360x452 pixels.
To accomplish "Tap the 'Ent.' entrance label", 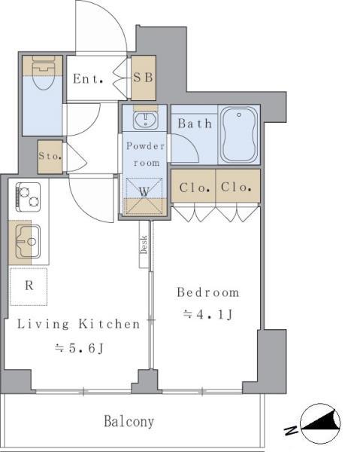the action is tap(88, 78).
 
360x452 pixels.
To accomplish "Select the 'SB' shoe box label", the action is tap(144, 78).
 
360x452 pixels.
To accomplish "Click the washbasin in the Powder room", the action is tap(146, 120).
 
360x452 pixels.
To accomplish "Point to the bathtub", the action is tap(240, 135).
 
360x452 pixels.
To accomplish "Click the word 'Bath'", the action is tap(195, 124).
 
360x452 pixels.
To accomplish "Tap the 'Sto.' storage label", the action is tap(50, 156).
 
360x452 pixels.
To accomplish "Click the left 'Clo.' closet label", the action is tap(194, 188).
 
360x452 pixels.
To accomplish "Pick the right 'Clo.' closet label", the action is tap(236, 187).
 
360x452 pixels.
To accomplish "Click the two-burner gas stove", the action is tap(28, 197).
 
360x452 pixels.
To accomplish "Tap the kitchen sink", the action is tap(28, 242).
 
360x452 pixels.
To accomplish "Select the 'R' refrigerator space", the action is tap(29, 286).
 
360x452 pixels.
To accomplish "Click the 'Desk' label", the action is tap(144, 245).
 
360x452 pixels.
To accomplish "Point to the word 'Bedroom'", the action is tap(208, 292).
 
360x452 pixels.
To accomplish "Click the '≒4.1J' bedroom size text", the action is tap(208, 314).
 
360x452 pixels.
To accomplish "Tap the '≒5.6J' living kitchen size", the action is tap(79, 348).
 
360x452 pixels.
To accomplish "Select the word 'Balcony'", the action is tap(129, 421).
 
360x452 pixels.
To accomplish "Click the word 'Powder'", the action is tap(146, 146).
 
